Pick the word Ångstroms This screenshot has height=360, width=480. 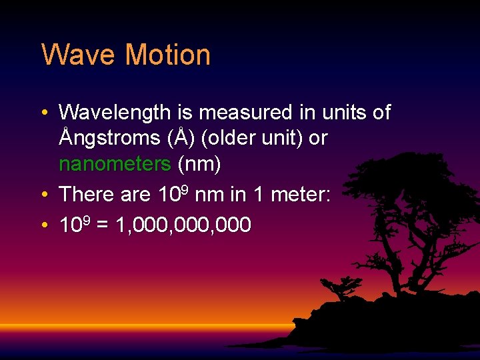[x=105, y=138]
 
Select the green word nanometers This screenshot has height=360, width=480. [x=115, y=163]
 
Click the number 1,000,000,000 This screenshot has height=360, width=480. [x=183, y=225]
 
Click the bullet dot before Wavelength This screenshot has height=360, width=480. [x=43, y=113]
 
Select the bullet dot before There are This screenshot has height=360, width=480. [x=43, y=195]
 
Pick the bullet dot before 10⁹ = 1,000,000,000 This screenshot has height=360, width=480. [x=43, y=226]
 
